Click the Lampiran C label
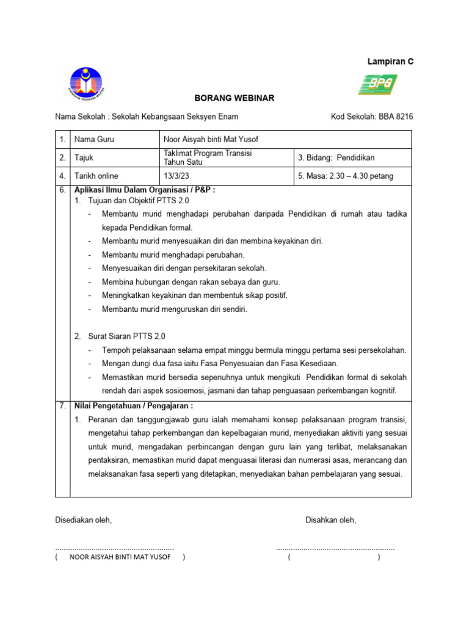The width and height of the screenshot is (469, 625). (390, 62)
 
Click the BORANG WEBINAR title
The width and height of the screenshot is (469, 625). (234, 98)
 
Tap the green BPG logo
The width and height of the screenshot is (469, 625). (377, 84)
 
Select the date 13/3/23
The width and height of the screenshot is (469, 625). (177, 176)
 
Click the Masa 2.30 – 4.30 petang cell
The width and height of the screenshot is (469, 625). (346, 176)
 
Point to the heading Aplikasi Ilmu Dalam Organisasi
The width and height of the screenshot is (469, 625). (144, 190)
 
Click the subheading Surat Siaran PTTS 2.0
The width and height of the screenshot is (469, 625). (126, 336)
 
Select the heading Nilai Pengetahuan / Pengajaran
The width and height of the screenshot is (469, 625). (133, 406)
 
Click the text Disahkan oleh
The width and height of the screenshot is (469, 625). (330, 520)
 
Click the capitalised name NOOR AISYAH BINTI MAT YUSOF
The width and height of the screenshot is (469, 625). (120, 557)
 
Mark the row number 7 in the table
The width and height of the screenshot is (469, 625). (62, 406)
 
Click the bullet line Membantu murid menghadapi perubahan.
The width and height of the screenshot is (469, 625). (173, 255)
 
